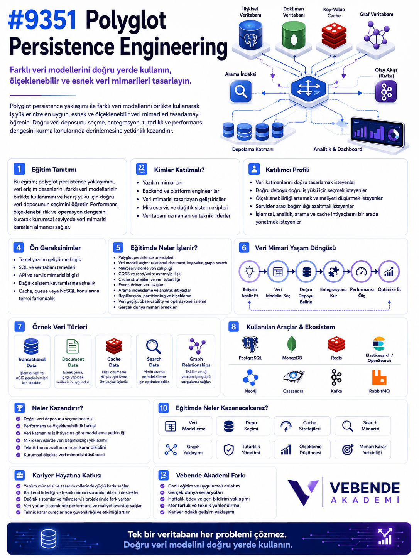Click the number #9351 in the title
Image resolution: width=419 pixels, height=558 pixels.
(42, 20)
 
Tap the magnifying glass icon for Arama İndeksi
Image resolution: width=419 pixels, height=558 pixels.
(240, 91)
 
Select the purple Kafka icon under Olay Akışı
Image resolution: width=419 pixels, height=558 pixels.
(386, 91)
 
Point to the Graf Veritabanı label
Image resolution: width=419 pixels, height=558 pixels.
(376, 15)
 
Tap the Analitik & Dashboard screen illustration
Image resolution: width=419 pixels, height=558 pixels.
(377, 132)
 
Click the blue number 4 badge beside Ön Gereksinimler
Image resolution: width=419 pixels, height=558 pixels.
(19, 247)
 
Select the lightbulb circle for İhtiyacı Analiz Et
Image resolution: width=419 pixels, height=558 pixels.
(249, 272)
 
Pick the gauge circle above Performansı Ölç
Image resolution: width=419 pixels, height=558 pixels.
(361, 272)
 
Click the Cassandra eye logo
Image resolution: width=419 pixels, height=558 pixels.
(293, 376)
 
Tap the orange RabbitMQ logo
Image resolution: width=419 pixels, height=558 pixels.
(379, 377)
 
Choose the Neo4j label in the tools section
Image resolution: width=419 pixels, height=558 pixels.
(250, 391)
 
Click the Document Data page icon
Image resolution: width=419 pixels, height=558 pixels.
(73, 346)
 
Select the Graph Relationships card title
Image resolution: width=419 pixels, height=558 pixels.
(196, 362)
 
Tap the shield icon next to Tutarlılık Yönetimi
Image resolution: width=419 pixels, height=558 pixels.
(228, 450)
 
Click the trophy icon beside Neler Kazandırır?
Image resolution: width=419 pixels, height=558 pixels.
(20, 408)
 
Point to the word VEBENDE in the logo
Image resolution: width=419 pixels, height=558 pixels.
(365, 488)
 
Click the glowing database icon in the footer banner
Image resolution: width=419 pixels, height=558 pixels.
(49, 538)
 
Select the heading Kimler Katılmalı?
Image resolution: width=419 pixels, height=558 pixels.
(179, 170)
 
